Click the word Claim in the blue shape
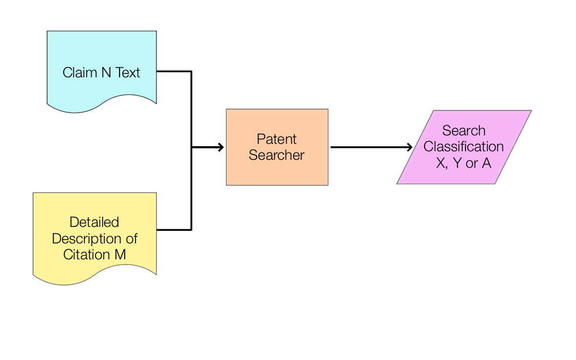click(80, 73)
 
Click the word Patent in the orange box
click(277, 139)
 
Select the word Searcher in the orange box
click(277, 155)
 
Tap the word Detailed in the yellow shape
click(94, 222)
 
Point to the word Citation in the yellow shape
click(85, 254)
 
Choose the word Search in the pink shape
click(463, 130)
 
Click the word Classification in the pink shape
click(463, 147)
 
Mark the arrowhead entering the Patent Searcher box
click(220, 148)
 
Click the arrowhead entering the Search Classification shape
click(409, 147)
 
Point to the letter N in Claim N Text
click(106, 73)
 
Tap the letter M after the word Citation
click(120, 254)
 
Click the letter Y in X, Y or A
click(456, 163)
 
